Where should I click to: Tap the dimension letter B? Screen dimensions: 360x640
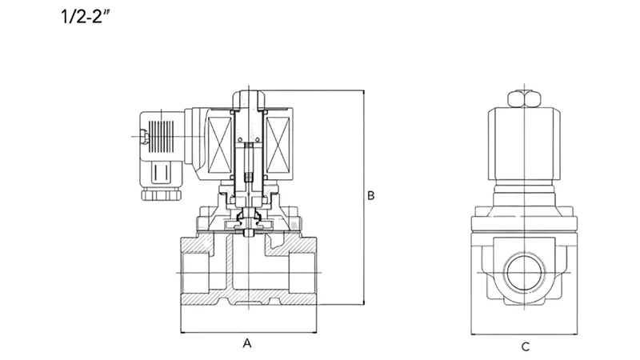370,195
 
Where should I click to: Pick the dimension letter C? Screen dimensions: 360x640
525,346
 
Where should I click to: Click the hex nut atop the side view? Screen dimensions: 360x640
525,97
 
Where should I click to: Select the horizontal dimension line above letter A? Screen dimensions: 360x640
247,331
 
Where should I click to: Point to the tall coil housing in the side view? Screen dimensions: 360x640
525,144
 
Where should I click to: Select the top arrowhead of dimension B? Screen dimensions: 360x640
364,92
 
